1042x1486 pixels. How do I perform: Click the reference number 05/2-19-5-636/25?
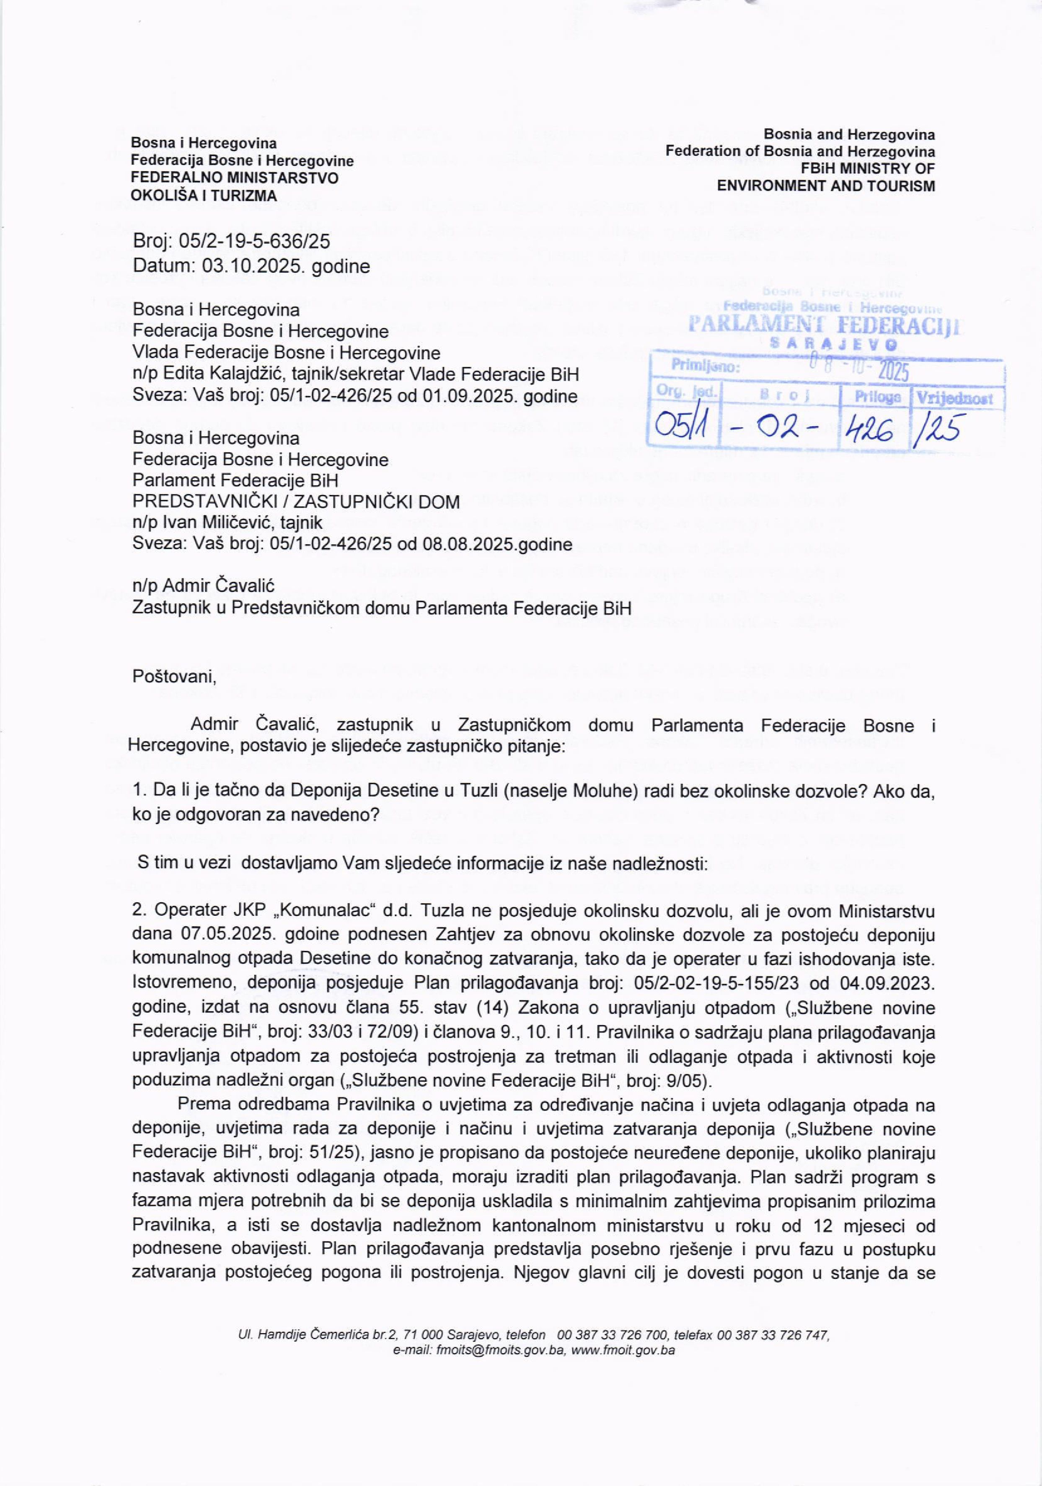point(254,242)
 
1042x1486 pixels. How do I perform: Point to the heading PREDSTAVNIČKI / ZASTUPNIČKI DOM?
point(296,502)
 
